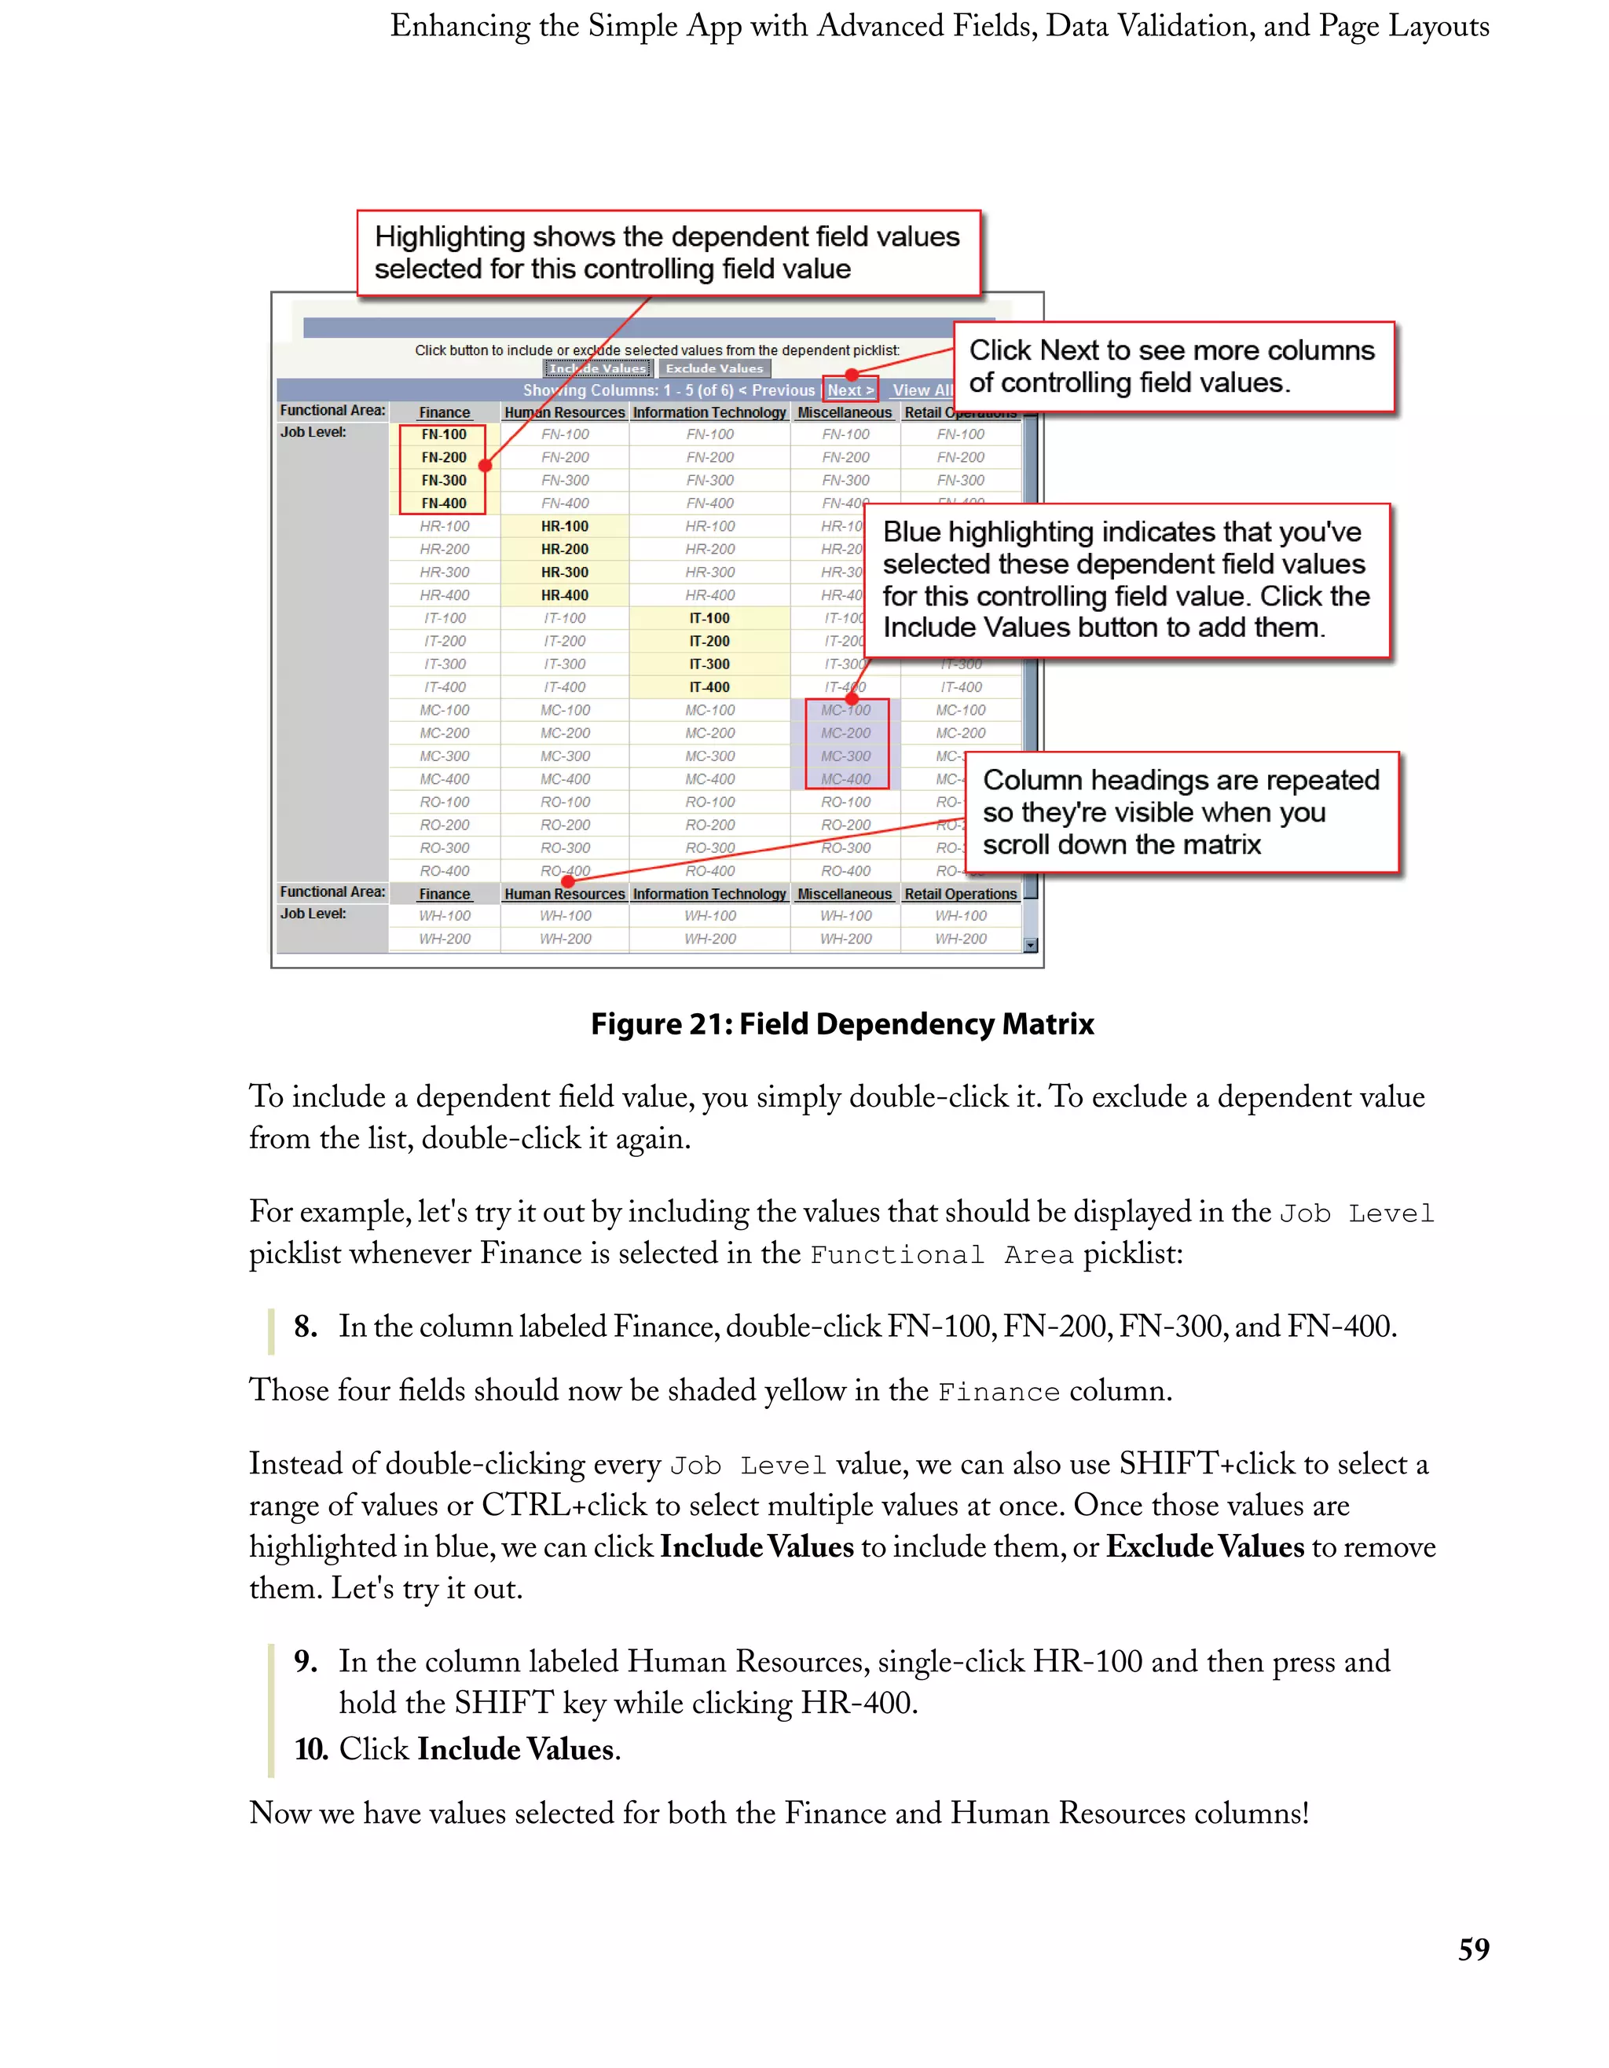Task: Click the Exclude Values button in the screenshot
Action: (x=714, y=368)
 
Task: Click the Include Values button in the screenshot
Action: (x=598, y=368)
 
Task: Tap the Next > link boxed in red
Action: (x=849, y=390)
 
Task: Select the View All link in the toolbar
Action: (x=922, y=390)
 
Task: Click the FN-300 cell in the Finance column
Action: (x=443, y=480)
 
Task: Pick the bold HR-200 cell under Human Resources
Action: (x=564, y=549)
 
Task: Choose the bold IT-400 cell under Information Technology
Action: (x=709, y=687)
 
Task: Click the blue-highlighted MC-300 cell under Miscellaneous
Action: (x=845, y=756)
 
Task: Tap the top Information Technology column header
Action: (x=709, y=413)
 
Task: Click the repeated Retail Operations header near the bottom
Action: (x=960, y=894)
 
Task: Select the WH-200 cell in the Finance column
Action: (x=444, y=939)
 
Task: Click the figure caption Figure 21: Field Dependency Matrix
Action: (x=842, y=1023)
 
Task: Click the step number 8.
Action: (x=305, y=1327)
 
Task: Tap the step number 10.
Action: (x=310, y=1749)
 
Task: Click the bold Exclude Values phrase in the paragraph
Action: (x=1204, y=1547)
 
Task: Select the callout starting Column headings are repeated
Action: (x=1180, y=811)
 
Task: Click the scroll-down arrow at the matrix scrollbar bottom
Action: (x=1030, y=945)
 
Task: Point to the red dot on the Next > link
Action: (x=852, y=375)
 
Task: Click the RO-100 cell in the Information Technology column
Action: (x=709, y=802)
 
